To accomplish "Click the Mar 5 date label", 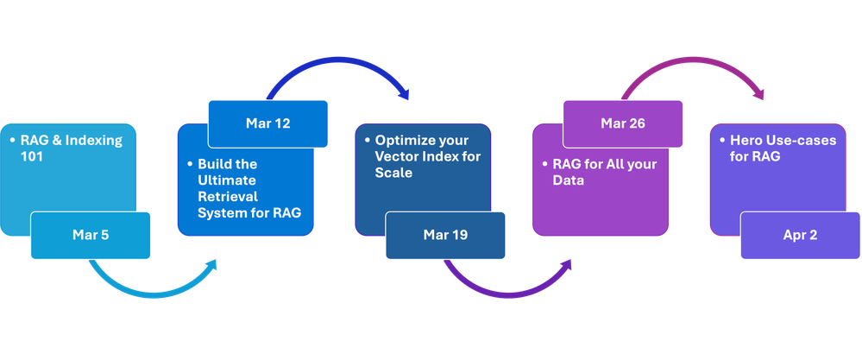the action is coord(91,235).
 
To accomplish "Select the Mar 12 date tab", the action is coord(267,123).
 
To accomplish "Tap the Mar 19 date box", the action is coord(445,235).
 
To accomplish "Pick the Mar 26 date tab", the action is coord(623,123).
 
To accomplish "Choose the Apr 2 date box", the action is coord(800,235).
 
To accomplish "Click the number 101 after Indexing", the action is coord(32,156).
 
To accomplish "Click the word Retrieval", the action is coord(228,196).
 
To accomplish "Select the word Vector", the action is coord(393,156).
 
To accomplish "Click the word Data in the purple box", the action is coord(569,180).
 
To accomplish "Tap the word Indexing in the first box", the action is coord(94,140).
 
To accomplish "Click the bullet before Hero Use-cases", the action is coord(722,141).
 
